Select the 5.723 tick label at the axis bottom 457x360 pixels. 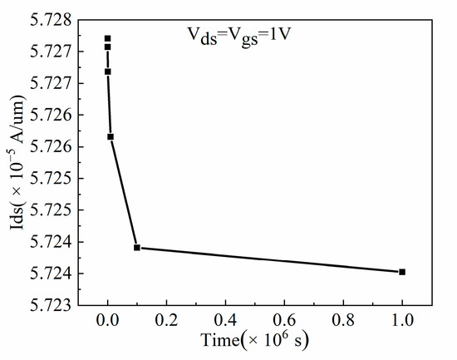(53, 305)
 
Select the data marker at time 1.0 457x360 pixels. (402, 272)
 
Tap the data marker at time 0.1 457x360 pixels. (137, 247)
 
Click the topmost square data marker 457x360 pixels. (107, 38)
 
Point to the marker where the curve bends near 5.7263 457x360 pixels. (111, 136)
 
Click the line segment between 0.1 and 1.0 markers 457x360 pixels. (270, 259)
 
